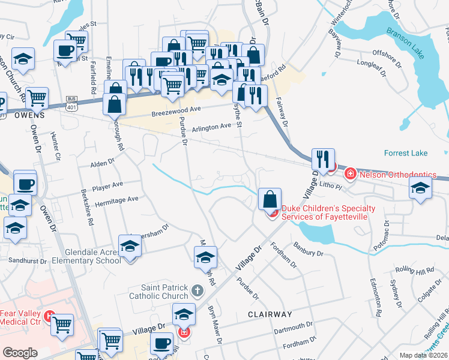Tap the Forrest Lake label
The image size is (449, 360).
tap(408, 153)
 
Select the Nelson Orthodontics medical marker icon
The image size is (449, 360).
tap(349, 174)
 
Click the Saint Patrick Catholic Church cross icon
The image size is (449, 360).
tap(197, 292)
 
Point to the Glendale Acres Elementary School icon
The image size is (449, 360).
tap(129, 246)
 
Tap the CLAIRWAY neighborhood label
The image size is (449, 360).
tap(270, 314)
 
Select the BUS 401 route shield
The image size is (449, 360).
tap(71, 101)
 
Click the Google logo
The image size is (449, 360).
tap(20, 352)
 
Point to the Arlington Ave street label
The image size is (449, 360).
tap(211, 127)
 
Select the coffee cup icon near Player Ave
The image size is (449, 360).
tap(25, 184)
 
